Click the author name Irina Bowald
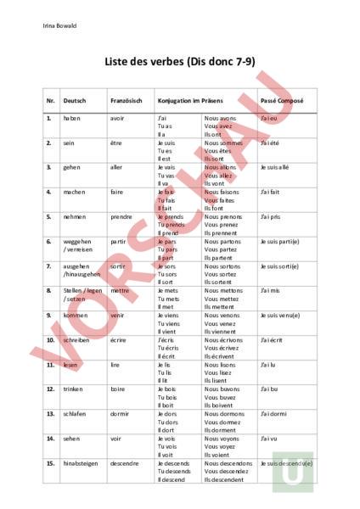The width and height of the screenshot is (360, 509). click(59, 25)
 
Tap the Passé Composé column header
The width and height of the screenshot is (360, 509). click(282, 101)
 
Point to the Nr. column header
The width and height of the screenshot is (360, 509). click(51, 101)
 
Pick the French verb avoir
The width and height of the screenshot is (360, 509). click(117, 118)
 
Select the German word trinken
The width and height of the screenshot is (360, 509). click(74, 389)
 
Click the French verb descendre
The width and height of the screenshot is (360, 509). click(125, 463)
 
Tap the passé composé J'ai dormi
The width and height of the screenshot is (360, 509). click(275, 413)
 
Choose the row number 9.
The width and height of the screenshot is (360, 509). click(49, 315)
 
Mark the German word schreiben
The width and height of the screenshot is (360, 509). click(76, 339)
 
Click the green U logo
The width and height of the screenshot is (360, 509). click(293, 472)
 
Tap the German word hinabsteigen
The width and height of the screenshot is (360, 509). click(82, 463)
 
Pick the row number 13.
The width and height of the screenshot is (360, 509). click(51, 413)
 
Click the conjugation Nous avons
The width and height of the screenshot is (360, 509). click(221, 118)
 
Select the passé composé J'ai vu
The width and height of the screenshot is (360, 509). click(270, 438)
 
